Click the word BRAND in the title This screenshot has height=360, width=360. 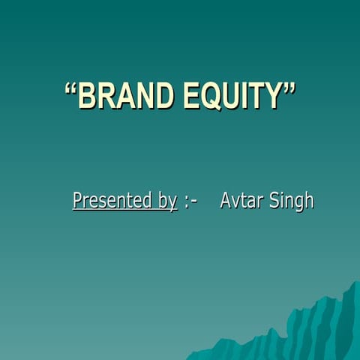coord(124,96)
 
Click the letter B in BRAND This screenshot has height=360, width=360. coord(88,96)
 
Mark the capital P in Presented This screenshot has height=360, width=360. coord(77,200)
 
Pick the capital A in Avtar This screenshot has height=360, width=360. coord(226,200)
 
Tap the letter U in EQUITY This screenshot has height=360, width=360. coord(232,96)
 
